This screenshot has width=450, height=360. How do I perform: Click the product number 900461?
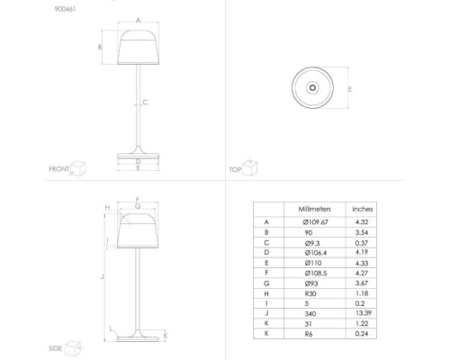point(65,9)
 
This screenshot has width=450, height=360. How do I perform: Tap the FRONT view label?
point(59,169)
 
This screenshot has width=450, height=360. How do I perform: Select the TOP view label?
point(235,170)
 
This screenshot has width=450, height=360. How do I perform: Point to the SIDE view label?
point(56,348)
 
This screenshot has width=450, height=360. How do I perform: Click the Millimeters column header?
point(314,209)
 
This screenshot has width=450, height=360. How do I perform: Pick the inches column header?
point(363,209)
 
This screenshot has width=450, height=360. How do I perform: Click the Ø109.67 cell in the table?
point(315,222)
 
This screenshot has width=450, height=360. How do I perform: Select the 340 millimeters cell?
point(310,314)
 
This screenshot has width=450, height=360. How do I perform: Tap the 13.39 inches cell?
point(364,313)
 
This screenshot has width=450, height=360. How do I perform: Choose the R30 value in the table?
point(310,293)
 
